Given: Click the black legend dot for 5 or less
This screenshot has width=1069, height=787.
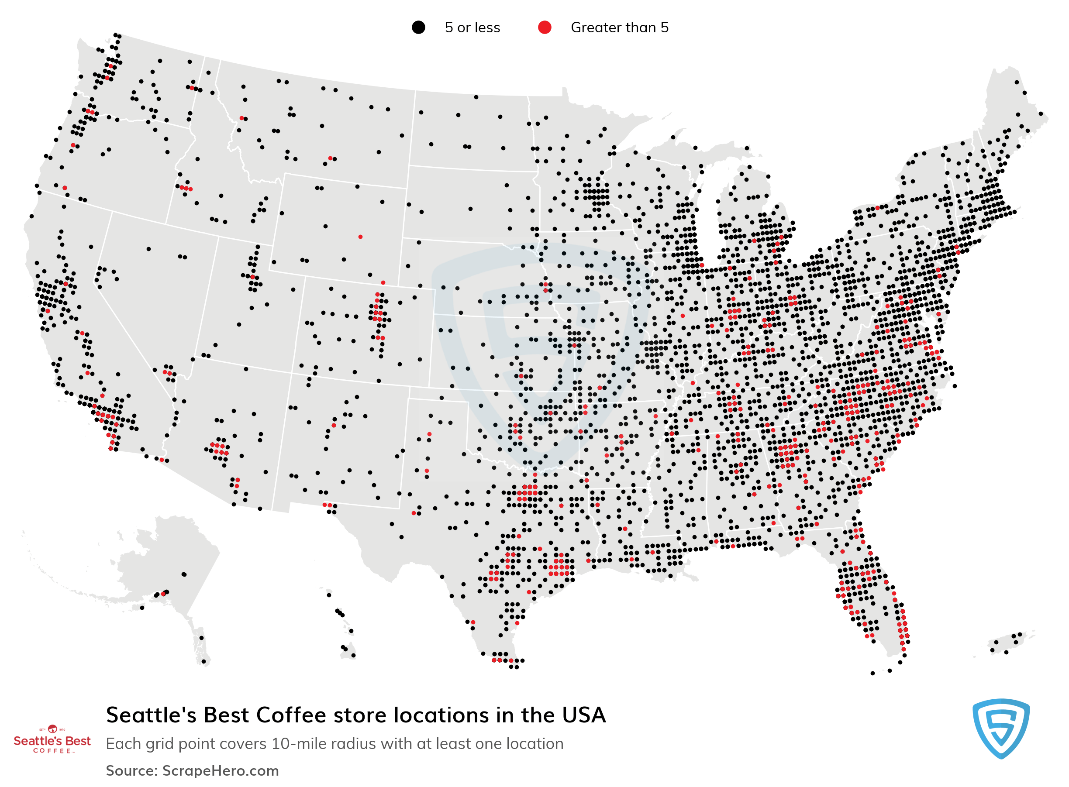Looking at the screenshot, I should coord(418,27).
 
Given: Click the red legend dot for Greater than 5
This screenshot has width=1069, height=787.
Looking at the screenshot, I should coord(544,27).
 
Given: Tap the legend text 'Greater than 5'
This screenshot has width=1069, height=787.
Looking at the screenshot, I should coord(619,27).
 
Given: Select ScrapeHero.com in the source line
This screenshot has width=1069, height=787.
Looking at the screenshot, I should coord(220,771).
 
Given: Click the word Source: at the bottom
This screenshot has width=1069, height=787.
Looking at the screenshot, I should coord(131,771).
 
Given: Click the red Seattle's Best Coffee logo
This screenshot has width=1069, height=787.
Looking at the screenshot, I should coord(52,740).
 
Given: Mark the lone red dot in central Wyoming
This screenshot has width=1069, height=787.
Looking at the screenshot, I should coord(360,237).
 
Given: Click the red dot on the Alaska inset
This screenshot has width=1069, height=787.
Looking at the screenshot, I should coord(163,594).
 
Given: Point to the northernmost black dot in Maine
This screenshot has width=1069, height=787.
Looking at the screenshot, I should coord(1017,82).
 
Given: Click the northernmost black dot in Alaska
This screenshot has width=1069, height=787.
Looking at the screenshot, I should coord(184,574).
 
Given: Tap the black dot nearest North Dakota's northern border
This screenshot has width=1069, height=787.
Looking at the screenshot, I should coord(476,97).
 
